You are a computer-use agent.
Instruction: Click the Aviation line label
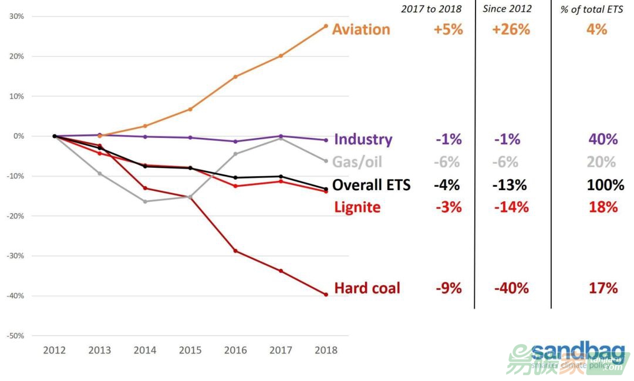pyautogui.click(x=360, y=29)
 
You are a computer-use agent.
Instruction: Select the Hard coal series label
pyautogui.click(x=367, y=288)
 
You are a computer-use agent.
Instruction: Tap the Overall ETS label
pyautogui.click(x=371, y=186)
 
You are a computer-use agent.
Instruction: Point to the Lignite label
pyautogui.click(x=357, y=207)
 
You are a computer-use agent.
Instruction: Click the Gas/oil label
pyautogui.click(x=358, y=162)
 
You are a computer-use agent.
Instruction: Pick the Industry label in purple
pyautogui.click(x=363, y=140)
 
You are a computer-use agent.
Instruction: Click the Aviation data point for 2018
pyautogui.click(x=326, y=25)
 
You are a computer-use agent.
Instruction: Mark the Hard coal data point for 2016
pyautogui.click(x=235, y=251)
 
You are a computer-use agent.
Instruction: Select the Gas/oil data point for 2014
pyautogui.click(x=145, y=201)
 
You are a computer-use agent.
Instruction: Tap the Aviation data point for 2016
pyautogui.click(x=235, y=76)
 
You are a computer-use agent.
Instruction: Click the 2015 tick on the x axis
pyautogui.click(x=190, y=350)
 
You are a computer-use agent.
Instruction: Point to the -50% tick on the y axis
pyautogui.click(x=15, y=336)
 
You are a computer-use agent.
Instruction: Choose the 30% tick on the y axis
pyautogui.click(x=16, y=16)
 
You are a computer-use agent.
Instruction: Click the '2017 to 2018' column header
pyautogui.click(x=431, y=9)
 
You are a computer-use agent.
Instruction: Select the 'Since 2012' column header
pyautogui.click(x=507, y=9)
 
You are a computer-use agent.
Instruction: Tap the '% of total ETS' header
pyautogui.click(x=591, y=9)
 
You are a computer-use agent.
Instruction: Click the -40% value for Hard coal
pyautogui.click(x=511, y=288)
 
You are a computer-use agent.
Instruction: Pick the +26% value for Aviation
pyautogui.click(x=512, y=29)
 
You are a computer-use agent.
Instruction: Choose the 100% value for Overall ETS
pyautogui.click(x=605, y=186)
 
